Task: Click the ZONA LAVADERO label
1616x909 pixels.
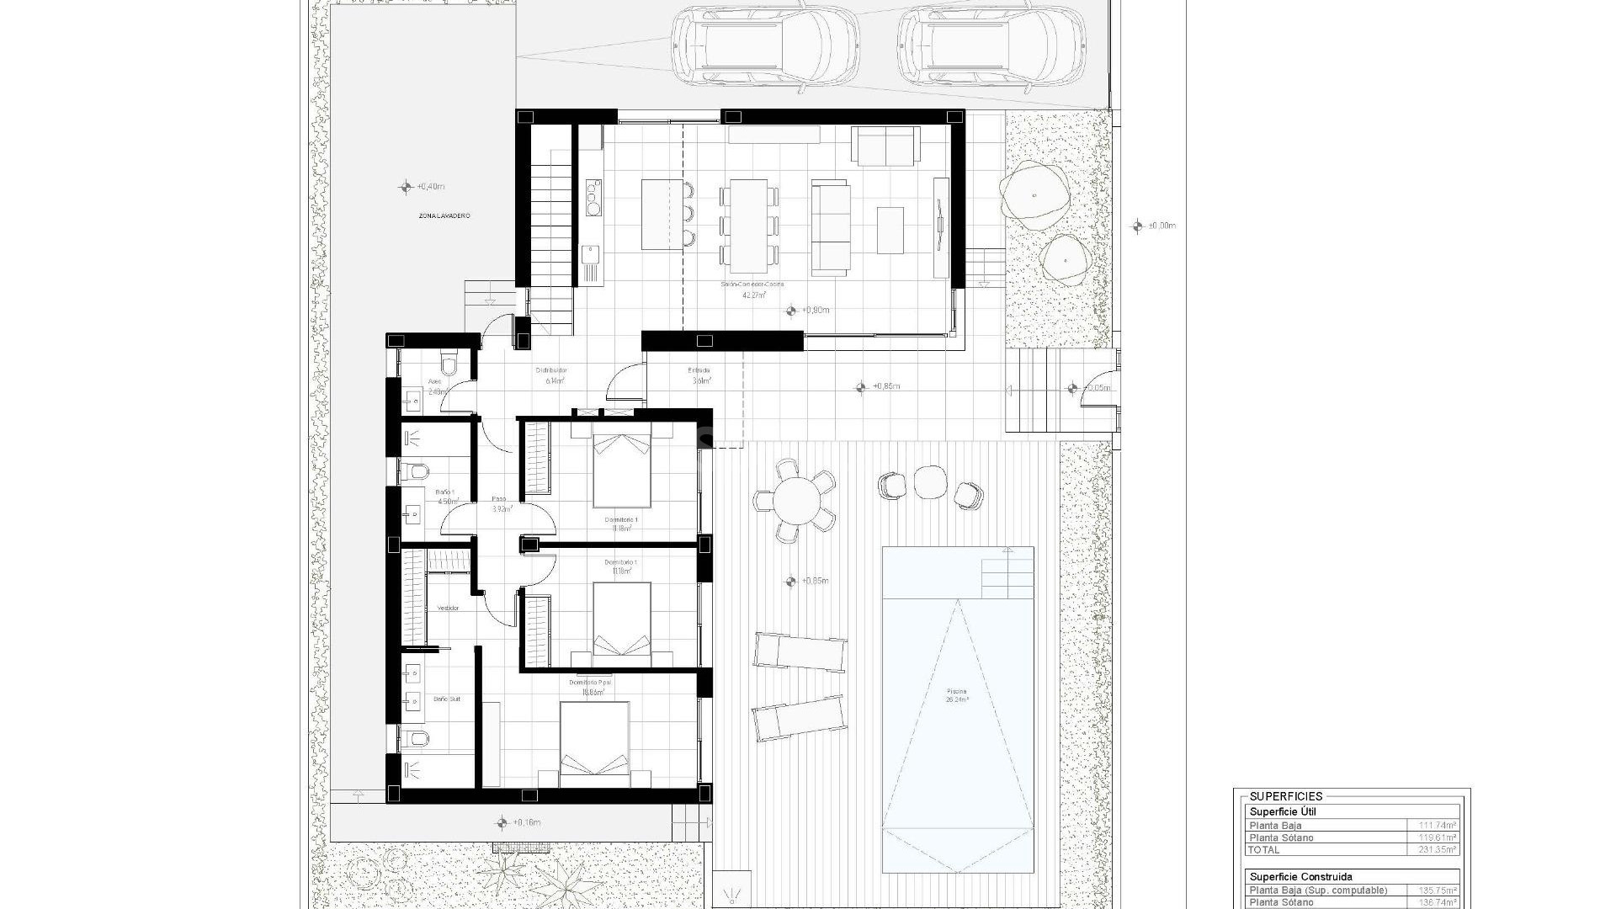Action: (x=444, y=216)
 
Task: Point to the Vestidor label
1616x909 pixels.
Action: (x=448, y=608)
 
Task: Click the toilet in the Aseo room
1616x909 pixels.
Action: (x=449, y=364)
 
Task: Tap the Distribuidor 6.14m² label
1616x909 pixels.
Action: (x=552, y=375)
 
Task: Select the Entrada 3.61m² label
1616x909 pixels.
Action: (x=699, y=375)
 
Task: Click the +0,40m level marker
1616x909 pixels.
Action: (x=407, y=187)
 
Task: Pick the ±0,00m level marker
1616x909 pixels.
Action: (x=1139, y=226)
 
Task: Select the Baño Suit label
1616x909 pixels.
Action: (x=447, y=699)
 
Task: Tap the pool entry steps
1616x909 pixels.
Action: (x=1007, y=572)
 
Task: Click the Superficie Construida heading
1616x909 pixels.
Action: (x=1300, y=876)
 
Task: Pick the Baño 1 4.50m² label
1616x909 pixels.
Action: (x=446, y=497)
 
